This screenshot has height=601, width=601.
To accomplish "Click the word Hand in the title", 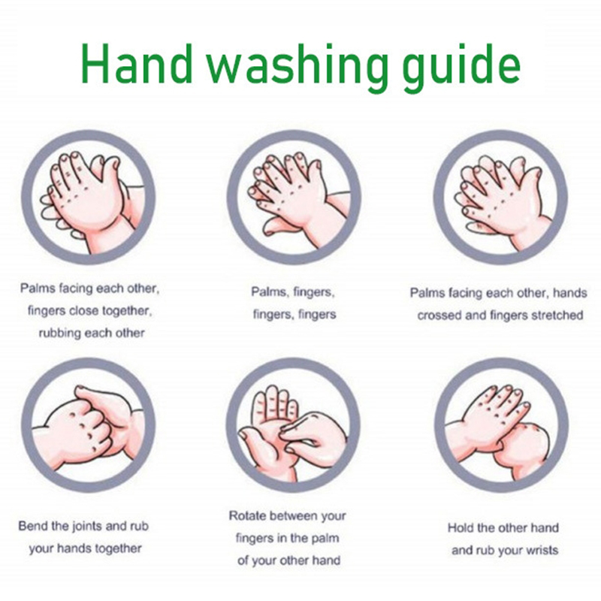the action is pyautogui.click(x=137, y=63).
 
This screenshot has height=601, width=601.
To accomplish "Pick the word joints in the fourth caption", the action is pyautogui.click(x=87, y=527).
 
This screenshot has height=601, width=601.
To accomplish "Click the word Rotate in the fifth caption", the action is pyautogui.click(x=245, y=515).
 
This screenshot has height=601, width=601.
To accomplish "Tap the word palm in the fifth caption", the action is pyautogui.click(x=326, y=539).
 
